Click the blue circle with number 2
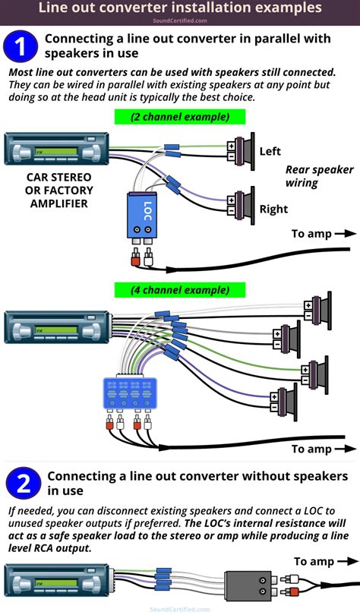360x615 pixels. pyautogui.click(x=23, y=484)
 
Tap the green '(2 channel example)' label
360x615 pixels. pyautogui.click(x=180, y=117)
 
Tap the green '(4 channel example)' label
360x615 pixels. pyautogui.click(x=180, y=290)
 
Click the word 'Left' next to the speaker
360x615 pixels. pyautogui.click(x=270, y=151)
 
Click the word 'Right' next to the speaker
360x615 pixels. pyautogui.click(x=273, y=209)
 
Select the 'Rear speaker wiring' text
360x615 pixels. pyautogui.click(x=319, y=176)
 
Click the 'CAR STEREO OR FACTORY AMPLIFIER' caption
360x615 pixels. pyautogui.click(x=51, y=191)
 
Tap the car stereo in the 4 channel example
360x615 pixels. pyautogui.click(x=57, y=326)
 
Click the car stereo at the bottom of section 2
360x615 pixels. pyautogui.click(x=57, y=581)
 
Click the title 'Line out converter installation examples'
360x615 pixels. pyautogui.click(x=180, y=8)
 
